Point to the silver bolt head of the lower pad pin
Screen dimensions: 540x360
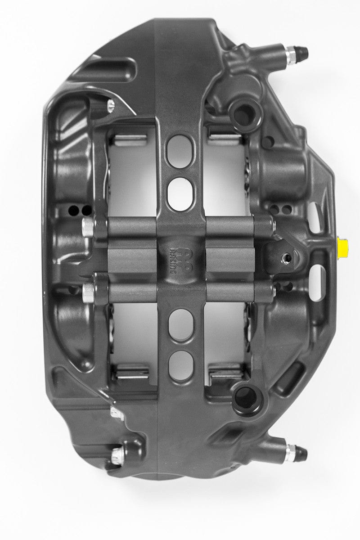86,294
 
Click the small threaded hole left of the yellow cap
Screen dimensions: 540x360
284,257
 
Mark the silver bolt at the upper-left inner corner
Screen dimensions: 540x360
111,105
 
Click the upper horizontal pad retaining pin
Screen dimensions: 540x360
180,224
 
